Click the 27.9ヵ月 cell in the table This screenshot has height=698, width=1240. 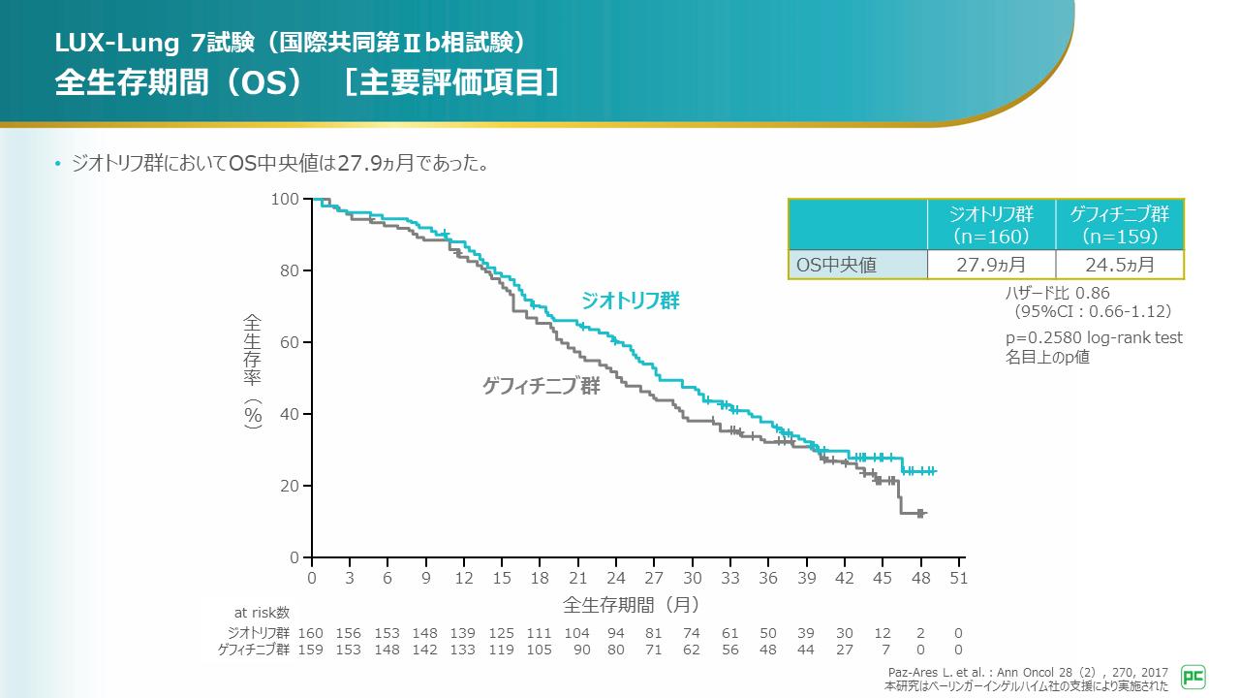coord(991,265)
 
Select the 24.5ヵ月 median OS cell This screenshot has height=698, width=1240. coord(1119,265)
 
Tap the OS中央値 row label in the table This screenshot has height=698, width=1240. coord(836,265)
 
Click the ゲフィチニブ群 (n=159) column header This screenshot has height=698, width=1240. coord(1119,225)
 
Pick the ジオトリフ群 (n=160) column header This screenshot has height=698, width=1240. coord(991,225)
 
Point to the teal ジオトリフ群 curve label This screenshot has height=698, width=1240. coord(631,301)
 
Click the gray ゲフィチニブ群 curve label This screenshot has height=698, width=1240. coord(542,386)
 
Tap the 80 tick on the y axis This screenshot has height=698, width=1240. coord(290,270)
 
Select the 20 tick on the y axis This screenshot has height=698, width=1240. coord(290,486)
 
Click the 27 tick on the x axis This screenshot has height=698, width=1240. coord(654,578)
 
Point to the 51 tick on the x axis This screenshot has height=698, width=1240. coord(958,578)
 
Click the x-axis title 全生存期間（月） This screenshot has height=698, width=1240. coord(631,604)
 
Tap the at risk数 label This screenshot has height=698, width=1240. coord(262,612)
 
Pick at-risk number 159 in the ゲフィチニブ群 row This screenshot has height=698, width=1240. coord(310,650)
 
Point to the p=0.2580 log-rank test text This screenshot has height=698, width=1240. coord(1095,337)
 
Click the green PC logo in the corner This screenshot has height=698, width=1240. coord(1193,677)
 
